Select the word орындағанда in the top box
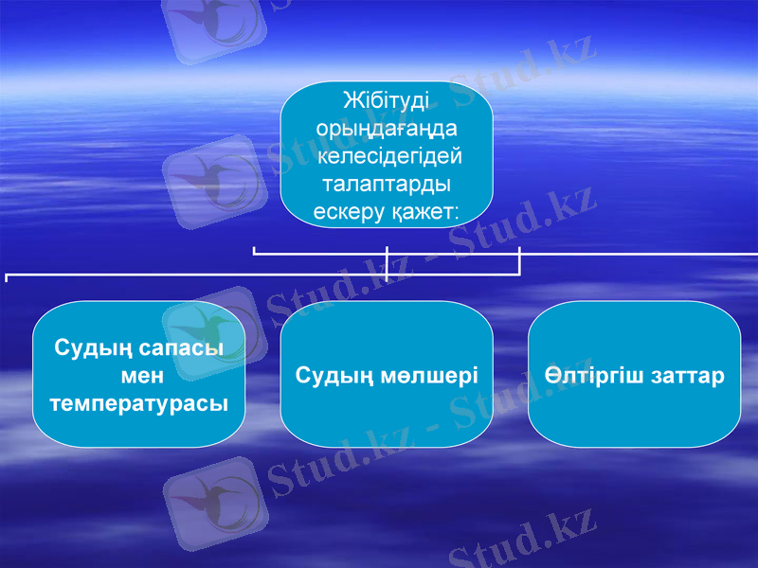[x=386, y=127]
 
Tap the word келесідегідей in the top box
[x=386, y=153]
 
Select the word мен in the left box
[x=140, y=375]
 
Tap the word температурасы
[x=140, y=402]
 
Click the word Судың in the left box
[x=90, y=347]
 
